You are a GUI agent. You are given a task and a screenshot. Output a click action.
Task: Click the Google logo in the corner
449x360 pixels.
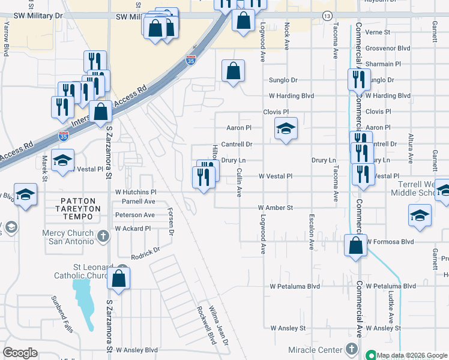click(20, 352)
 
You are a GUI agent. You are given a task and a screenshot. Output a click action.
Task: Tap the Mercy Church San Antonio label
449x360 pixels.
click(67, 237)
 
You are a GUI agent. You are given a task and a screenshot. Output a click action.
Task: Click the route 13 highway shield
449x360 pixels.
click(327, 15)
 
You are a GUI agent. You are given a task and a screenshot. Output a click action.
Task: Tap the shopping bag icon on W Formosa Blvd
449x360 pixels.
click(356, 245)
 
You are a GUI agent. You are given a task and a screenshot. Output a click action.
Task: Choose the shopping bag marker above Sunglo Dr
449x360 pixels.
click(233, 71)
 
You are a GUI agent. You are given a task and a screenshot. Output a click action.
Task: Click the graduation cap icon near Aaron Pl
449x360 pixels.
click(286, 128)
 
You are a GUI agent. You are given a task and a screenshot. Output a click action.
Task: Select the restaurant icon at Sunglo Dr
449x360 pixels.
click(357, 79)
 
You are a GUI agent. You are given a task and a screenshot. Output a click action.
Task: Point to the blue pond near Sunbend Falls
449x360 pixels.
click(86, 303)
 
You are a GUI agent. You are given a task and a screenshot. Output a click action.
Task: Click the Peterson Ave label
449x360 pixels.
click(135, 215)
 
